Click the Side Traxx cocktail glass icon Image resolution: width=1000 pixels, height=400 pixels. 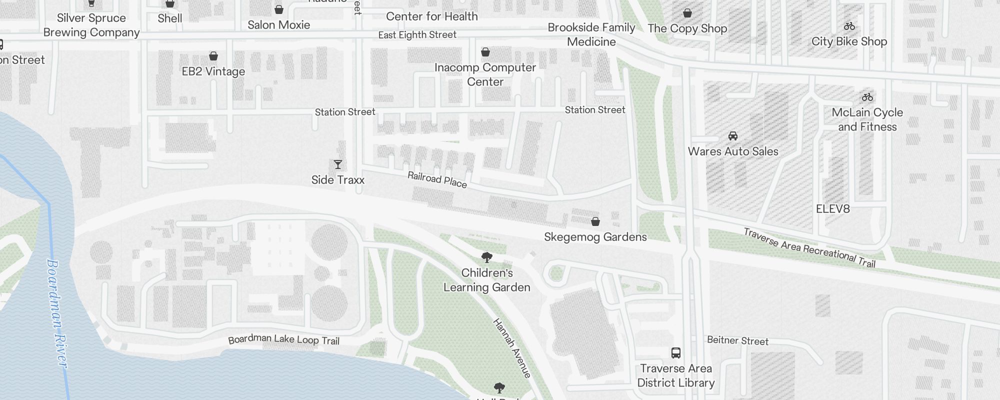338,164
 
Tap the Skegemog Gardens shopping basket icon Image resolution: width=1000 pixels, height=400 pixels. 595,221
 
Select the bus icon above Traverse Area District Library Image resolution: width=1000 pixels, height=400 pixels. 675,353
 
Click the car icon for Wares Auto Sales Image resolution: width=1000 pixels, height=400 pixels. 733,135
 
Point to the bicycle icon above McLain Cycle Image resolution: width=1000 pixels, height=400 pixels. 867,97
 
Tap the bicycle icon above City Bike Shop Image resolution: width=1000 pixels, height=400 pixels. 849,26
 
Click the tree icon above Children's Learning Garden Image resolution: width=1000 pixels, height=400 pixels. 486,257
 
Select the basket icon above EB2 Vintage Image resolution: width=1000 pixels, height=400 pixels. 213,55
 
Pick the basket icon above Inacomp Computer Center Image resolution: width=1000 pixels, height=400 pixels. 485,51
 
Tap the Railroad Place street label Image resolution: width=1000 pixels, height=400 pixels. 437,179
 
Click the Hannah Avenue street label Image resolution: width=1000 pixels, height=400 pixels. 511,348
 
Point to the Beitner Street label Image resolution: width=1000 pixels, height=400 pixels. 737,341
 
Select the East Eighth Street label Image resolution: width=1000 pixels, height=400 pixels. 417,35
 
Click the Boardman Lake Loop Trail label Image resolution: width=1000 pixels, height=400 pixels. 283,340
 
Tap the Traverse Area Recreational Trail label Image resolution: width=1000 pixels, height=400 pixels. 809,248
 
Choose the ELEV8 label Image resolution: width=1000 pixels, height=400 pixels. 832,209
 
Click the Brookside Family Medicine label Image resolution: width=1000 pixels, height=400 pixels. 591,34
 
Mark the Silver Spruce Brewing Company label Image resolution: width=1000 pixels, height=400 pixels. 91,25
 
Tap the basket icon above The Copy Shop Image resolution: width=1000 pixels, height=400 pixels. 687,12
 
